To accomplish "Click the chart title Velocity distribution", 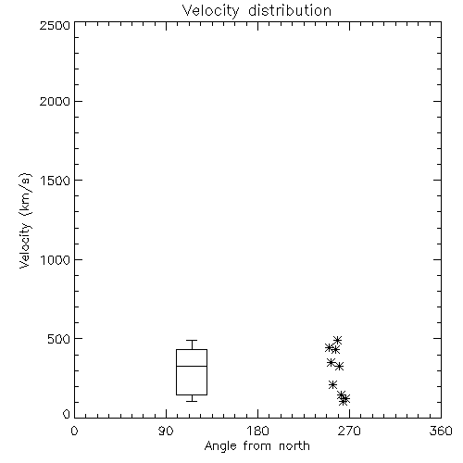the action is pos(257,10).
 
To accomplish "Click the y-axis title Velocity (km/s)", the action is pos(25,220).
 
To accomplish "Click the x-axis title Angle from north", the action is pos(257,446).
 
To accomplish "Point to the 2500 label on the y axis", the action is pos(55,25).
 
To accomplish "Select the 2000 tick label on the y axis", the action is pos(55,101).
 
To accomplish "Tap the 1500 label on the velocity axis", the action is pos(56,181).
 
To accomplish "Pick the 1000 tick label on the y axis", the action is pos(56,259).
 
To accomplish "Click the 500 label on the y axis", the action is pos(58,339).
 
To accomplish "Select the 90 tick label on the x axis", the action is pos(166,431).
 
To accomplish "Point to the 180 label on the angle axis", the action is pos(257,431).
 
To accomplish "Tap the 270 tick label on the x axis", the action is pos(349,431).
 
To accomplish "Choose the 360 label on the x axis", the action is pos(441,431).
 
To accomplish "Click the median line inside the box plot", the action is pos(192,366).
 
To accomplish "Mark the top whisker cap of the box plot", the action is pos(192,340).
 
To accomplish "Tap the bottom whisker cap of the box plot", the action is pos(192,401).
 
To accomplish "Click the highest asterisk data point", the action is pos(337,340).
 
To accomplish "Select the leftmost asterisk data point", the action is pos(329,347).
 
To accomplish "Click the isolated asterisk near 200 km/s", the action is pos(332,384).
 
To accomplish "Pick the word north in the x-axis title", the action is pos(294,446).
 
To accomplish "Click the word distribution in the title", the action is pos(290,10).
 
